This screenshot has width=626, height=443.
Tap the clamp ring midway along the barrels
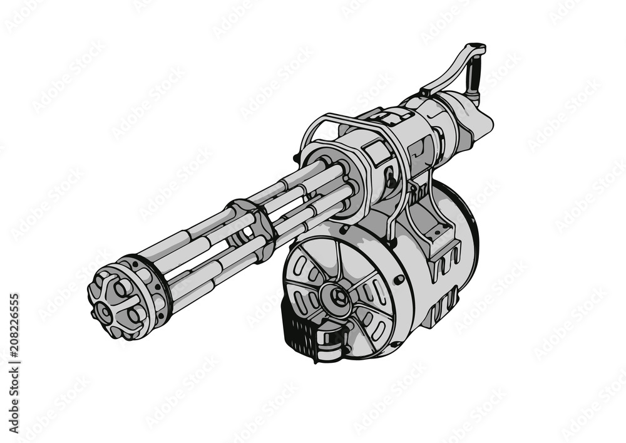click(250, 229)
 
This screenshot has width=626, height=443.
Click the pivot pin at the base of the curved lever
click(426, 92)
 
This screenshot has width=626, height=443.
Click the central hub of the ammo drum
click(337, 294)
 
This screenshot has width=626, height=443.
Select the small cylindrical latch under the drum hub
click(332, 341)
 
